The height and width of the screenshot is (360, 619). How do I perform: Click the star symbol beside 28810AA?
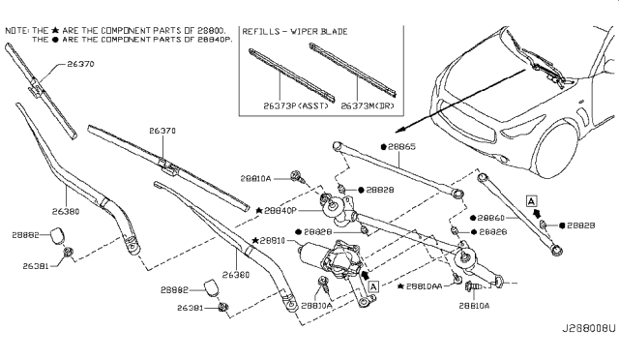(x=399, y=286)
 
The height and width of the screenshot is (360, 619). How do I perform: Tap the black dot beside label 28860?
(x=469, y=219)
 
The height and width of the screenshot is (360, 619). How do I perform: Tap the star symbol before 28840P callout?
(x=259, y=209)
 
